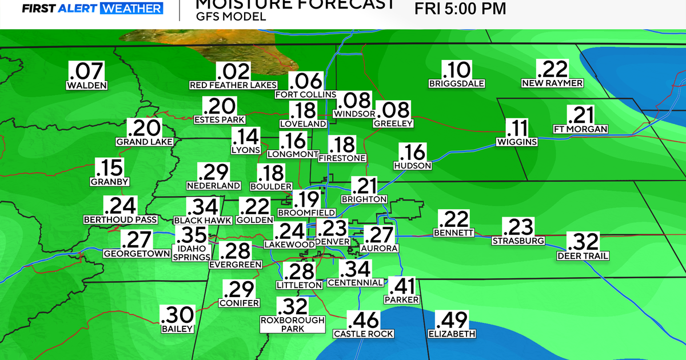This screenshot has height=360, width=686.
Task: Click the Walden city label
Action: [87, 86]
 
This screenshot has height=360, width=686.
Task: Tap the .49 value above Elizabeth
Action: [452, 320]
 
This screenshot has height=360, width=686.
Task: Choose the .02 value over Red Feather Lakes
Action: [233, 72]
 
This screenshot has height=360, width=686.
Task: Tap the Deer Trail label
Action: [583, 255]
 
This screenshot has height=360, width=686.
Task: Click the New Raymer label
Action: [552, 83]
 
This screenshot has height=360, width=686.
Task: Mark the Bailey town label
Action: [177, 329]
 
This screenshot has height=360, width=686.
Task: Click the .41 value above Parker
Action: [402, 286]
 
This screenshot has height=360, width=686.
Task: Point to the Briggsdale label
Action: [457, 83]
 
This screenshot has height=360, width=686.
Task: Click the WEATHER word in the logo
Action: [131, 8]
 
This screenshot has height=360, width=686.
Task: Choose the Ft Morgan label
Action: [581, 129]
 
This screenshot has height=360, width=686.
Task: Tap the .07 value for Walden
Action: [87, 71]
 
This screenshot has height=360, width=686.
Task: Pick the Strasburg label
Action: [518, 241]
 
